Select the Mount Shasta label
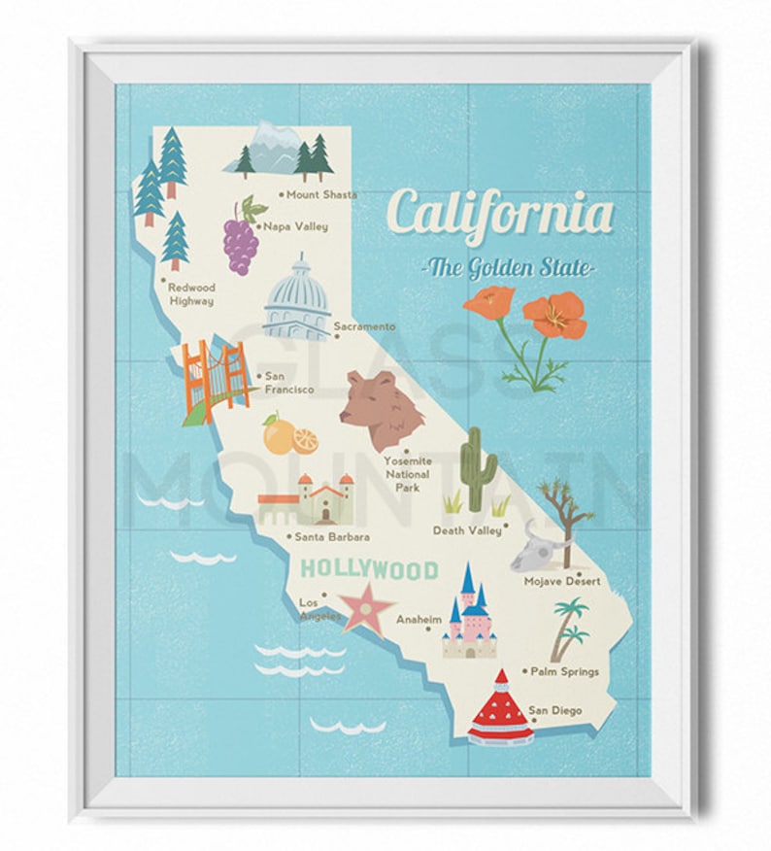[x=320, y=194]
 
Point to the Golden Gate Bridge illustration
[x=211, y=380]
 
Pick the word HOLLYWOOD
[x=369, y=569]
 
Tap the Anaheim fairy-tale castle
[x=469, y=613]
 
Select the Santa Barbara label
[x=333, y=536]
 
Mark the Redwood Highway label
[x=190, y=294]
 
